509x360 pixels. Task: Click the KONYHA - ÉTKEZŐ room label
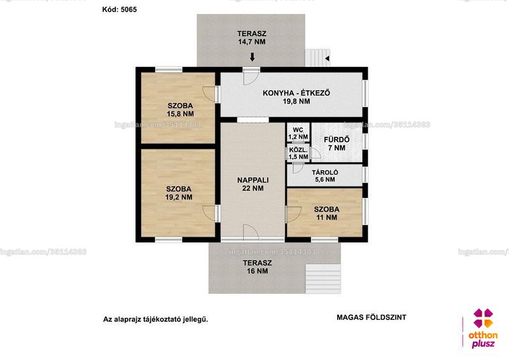coord(296,97)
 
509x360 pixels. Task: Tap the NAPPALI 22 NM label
coord(253,184)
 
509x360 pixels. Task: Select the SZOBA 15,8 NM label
coord(180,110)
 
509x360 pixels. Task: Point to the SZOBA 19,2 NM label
coord(179,193)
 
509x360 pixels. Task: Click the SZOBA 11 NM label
coord(326,213)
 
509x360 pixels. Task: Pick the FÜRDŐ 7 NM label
coord(337,144)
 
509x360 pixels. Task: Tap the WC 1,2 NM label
coord(298,134)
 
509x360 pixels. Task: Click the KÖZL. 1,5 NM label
coord(298,153)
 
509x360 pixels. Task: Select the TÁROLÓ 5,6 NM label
coord(325,176)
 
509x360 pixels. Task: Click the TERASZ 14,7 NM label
coord(251,38)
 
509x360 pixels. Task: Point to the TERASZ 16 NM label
coord(258,267)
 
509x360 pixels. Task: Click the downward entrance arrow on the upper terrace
coord(252,57)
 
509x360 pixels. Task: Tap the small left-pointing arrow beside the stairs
coord(327,59)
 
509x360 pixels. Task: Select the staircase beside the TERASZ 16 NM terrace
coord(323,279)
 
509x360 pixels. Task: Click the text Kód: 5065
coord(120,10)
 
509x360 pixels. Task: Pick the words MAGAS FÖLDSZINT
coord(372,317)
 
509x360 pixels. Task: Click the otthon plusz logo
coord(483,328)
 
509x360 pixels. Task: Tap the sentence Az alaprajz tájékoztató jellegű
coord(155,319)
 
